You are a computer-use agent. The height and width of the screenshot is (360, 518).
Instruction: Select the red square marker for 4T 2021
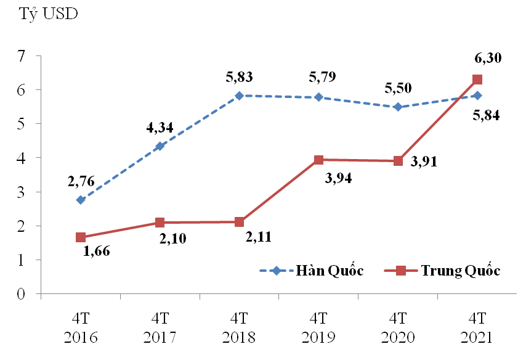pyautogui.click(x=477, y=80)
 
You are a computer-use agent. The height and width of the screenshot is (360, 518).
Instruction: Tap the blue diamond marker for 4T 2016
pyautogui.click(x=81, y=200)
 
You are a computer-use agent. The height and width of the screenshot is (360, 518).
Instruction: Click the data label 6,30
pyautogui.click(x=487, y=58)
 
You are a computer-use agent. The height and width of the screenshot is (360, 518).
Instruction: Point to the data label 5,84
pyautogui.click(x=487, y=115)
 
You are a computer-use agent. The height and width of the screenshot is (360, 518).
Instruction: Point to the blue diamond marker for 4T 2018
pyautogui.click(x=239, y=96)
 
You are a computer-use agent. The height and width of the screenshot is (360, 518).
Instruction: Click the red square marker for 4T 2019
pyautogui.click(x=318, y=160)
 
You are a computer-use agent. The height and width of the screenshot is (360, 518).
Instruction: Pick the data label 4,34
pyautogui.click(x=159, y=128)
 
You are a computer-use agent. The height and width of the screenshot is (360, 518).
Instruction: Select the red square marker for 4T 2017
pyautogui.click(x=160, y=223)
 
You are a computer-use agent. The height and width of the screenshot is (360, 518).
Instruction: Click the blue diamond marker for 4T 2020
pyautogui.click(x=397, y=107)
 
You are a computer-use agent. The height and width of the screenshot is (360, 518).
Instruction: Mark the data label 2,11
pyautogui.click(x=257, y=237)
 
